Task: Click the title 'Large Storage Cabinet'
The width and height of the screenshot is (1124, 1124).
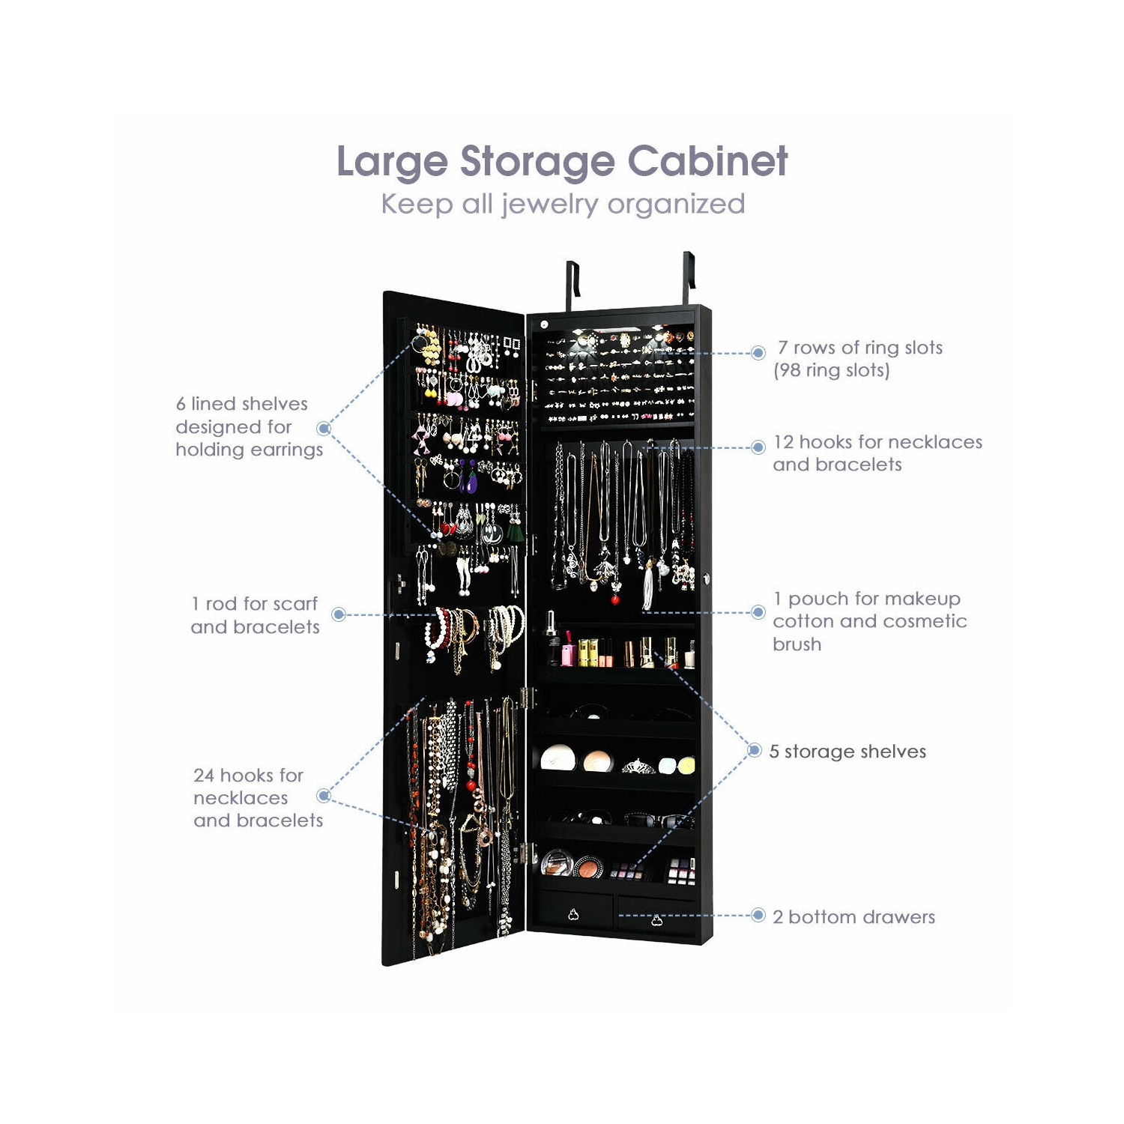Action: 562,161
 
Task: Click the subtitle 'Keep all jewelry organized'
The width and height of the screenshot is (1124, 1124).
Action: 563,204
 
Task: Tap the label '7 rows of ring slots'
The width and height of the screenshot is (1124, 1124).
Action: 860,348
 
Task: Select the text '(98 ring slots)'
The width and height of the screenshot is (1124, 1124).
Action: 832,370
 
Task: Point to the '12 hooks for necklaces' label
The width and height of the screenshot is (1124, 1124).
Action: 877,442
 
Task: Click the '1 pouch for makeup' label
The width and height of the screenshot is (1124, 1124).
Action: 867,599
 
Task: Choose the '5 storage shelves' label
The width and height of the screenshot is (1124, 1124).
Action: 847,752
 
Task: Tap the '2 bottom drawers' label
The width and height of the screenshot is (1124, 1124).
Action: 854,917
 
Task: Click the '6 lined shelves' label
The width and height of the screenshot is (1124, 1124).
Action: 242,404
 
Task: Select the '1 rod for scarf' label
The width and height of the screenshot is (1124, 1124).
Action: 255,604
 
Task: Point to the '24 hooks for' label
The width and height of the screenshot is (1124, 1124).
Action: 248,775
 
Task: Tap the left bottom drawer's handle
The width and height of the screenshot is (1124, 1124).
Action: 573,914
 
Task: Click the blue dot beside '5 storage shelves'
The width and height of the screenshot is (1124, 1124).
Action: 755,750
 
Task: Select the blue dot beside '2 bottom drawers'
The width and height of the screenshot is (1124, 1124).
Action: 758,916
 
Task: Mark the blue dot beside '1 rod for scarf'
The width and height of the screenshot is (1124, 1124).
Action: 339,614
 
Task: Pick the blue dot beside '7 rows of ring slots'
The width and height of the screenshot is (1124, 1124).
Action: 758,352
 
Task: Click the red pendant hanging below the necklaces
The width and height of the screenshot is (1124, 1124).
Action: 615,599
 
